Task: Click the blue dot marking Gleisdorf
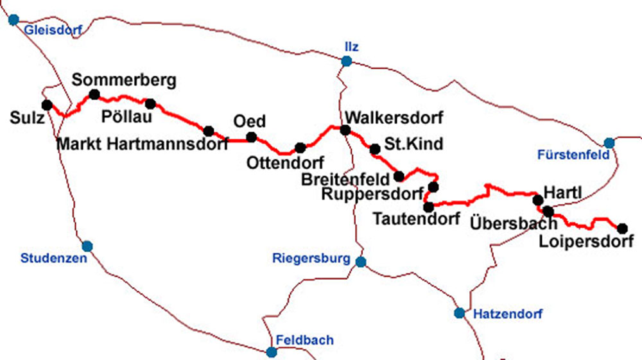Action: tap(13, 19)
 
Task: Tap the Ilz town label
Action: tap(351, 46)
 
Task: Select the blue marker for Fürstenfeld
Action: tap(609, 142)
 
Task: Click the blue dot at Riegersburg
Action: tap(361, 262)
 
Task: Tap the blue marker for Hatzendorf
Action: tap(460, 313)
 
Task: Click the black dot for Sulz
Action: tap(46, 105)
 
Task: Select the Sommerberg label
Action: tap(124, 80)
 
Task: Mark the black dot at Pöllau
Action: tap(150, 103)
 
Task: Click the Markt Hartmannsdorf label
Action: tap(143, 144)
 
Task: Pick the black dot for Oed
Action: tap(252, 137)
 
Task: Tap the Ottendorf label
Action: tap(285, 163)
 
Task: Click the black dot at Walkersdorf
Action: tap(345, 130)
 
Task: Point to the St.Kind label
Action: tap(413, 144)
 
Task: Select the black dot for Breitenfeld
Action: tap(399, 176)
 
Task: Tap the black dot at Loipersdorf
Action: tap(621, 228)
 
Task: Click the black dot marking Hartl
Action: tap(538, 200)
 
